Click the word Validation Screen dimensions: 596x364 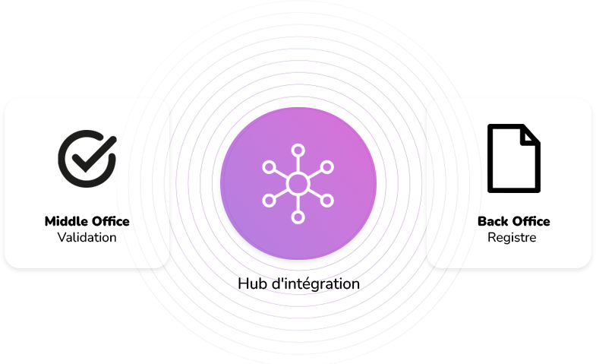[x=87, y=237]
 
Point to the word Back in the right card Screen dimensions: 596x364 [x=493, y=221]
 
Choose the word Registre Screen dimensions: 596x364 [x=512, y=237]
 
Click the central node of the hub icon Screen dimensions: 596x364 [x=298, y=184]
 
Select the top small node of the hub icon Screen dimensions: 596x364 [x=298, y=150]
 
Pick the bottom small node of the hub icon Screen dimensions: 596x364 [x=298, y=217]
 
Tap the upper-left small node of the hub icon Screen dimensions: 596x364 [x=269, y=167]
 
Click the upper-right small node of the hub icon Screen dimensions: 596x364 [x=327, y=167]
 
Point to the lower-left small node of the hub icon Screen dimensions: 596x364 [x=269, y=201]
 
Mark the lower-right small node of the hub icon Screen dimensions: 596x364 [x=327, y=201]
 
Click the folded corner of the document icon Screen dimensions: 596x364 [x=530, y=136]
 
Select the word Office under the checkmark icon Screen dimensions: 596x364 [x=111, y=221]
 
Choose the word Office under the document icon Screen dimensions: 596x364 [x=531, y=221]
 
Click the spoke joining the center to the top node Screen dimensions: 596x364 [x=298, y=165]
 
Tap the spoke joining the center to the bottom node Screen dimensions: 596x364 [x=298, y=203]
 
